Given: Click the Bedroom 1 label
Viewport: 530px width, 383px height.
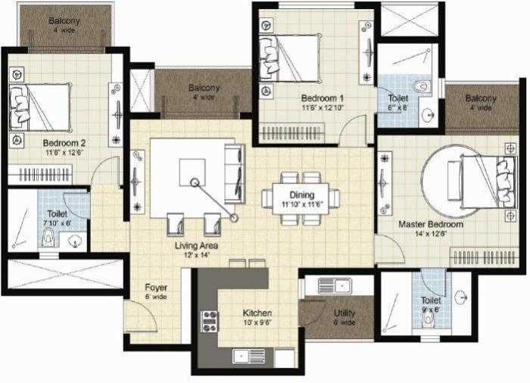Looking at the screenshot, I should pyautogui.click(x=322, y=98).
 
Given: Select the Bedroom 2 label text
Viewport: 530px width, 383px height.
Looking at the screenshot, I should pyautogui.click(x=64, y=142).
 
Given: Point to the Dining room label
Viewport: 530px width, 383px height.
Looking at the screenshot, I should pyautogui.click(x=301, y=195).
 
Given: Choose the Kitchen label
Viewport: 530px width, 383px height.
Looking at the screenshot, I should pyautogui.click(x=257, y=313).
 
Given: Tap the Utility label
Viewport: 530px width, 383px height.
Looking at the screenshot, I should pyautogui.click(x=344, y=313).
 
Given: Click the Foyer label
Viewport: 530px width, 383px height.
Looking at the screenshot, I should pyautogui.click(x=156, y=288).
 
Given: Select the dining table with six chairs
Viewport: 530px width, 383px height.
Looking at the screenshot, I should pyautogui.click(x=301, y=199).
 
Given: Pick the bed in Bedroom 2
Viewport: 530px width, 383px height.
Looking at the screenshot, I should pyautogui.click(x=39, y=107).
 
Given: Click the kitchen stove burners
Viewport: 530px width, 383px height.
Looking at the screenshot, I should pyautogui.click(x=209, y=321).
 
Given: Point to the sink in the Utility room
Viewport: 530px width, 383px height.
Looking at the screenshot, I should pyautogui.click(x=333, y=286).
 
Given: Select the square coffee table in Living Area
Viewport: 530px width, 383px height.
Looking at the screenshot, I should pyautogui.click(x=192, y=172).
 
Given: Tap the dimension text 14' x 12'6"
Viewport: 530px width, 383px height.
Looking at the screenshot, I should pyautogui.click(x=430, y=234).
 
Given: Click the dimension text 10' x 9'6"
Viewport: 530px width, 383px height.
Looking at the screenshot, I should pyautogui.click(x=257, y=322).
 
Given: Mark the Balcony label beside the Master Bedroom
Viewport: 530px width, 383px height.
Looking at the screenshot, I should pyautogui.click(x=481, y=98).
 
